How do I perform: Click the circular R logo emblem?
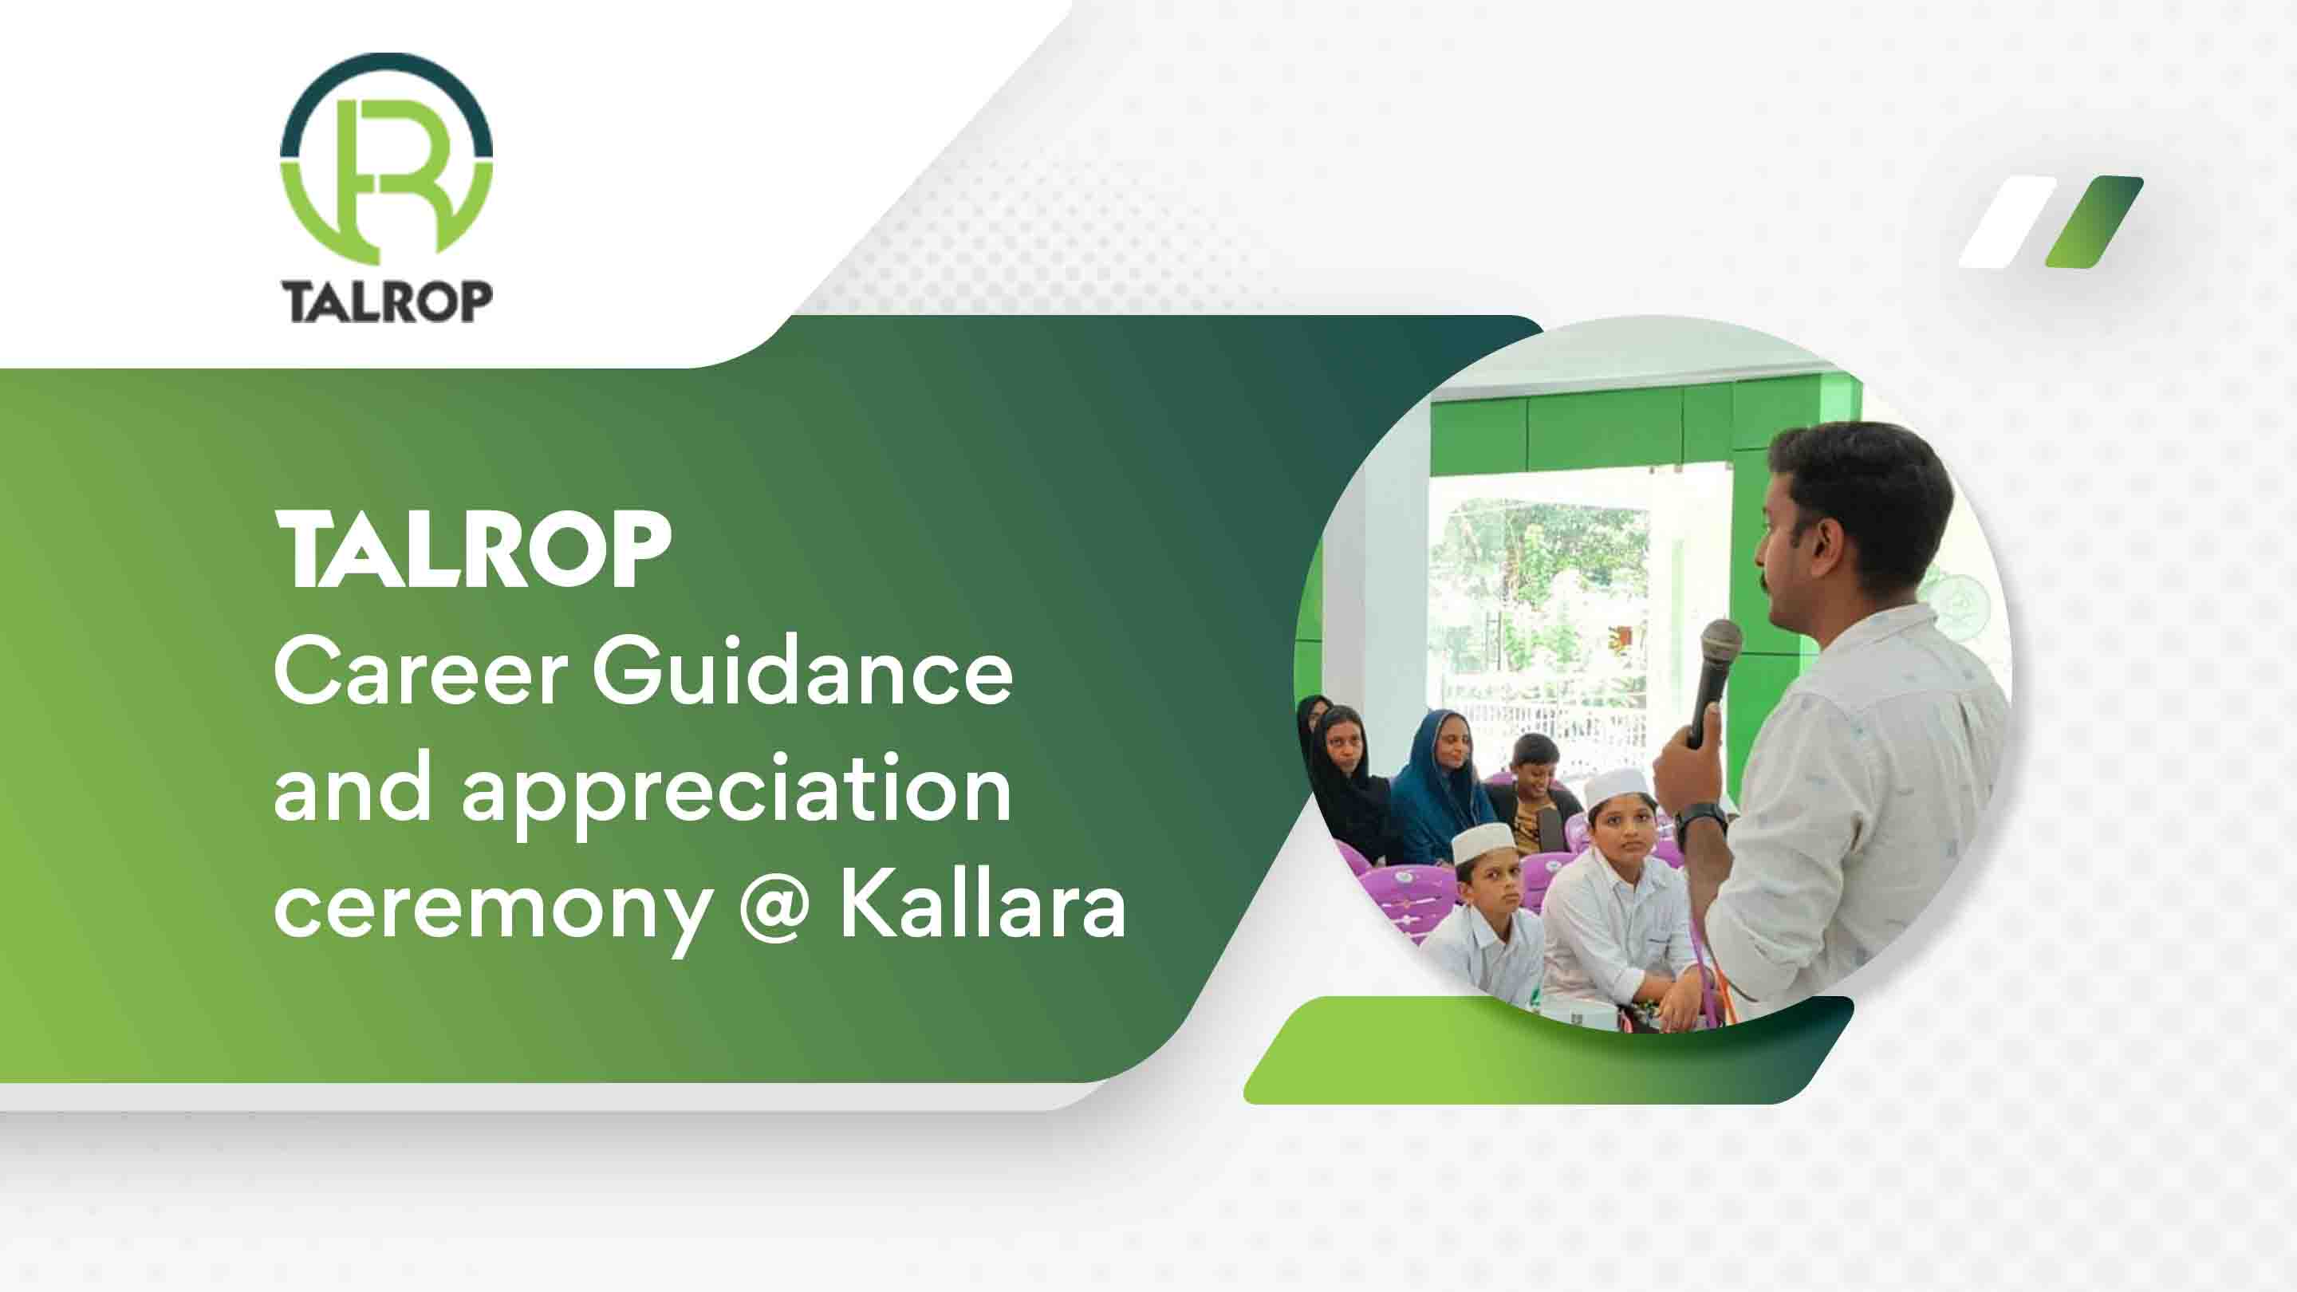tap(386, 161)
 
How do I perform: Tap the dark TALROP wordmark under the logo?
tap(386, 301)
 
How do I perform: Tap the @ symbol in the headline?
tap(774, 909)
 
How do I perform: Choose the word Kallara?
tap(983, 906)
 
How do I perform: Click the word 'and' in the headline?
tap(353, 788)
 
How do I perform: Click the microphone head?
tap(1721, 642)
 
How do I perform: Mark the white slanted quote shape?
tap(2007, 234)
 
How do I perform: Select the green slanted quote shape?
tap(2093, 234)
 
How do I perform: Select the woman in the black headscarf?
tap(1346, 776)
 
